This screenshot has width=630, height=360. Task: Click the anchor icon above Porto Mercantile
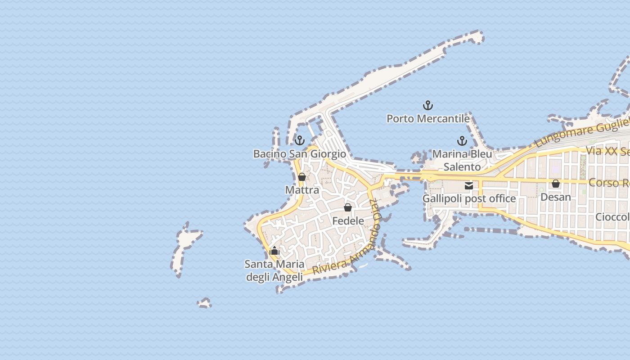coord(428,106)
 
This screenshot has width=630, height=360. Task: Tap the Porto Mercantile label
coord(428,119)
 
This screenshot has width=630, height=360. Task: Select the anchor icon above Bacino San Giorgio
coord(300,140)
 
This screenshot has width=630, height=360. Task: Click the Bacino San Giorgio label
coord(300,154)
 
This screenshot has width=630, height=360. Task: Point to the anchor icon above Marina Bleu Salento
coord(462,141)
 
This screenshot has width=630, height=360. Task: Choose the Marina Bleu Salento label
coord(462,160)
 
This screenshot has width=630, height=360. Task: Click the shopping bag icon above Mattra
coord(302,177)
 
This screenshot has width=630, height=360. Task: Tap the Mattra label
coord(302,190)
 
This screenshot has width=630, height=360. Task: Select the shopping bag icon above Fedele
coord(348,207)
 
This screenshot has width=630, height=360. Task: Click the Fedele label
coord(348,221)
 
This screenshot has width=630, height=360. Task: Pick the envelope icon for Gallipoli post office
coord(469,185)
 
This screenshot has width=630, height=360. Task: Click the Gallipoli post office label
coord(469,198)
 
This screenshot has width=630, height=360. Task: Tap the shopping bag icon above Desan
coord(556,184)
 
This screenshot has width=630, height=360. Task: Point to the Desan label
coord(556,197)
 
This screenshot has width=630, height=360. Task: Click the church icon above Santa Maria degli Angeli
coord(274,251)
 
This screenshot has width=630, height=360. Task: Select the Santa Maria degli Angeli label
coord(274,270)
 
